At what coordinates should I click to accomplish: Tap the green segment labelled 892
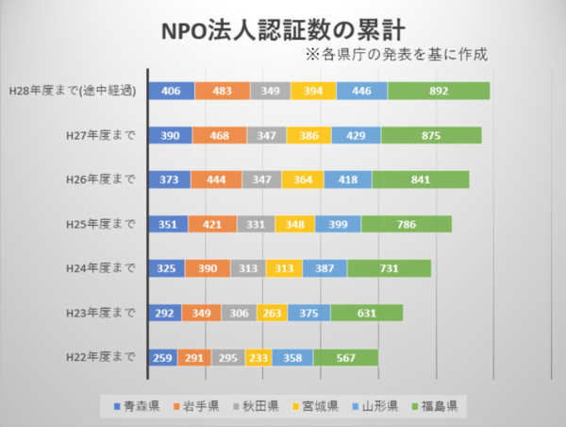(438, 91)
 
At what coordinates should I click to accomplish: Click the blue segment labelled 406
(172, 91)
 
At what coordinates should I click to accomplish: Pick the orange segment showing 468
(220, 135)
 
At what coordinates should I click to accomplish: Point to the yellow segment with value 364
(303, 179)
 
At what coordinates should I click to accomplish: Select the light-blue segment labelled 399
(337, 224)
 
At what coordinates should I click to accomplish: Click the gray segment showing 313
(248, 268)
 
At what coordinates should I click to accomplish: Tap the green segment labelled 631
(366, 313)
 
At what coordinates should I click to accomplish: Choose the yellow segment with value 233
(258, 358)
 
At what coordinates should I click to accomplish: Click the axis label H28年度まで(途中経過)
(72, 91)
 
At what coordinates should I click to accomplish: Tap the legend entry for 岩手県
(195, 406)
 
